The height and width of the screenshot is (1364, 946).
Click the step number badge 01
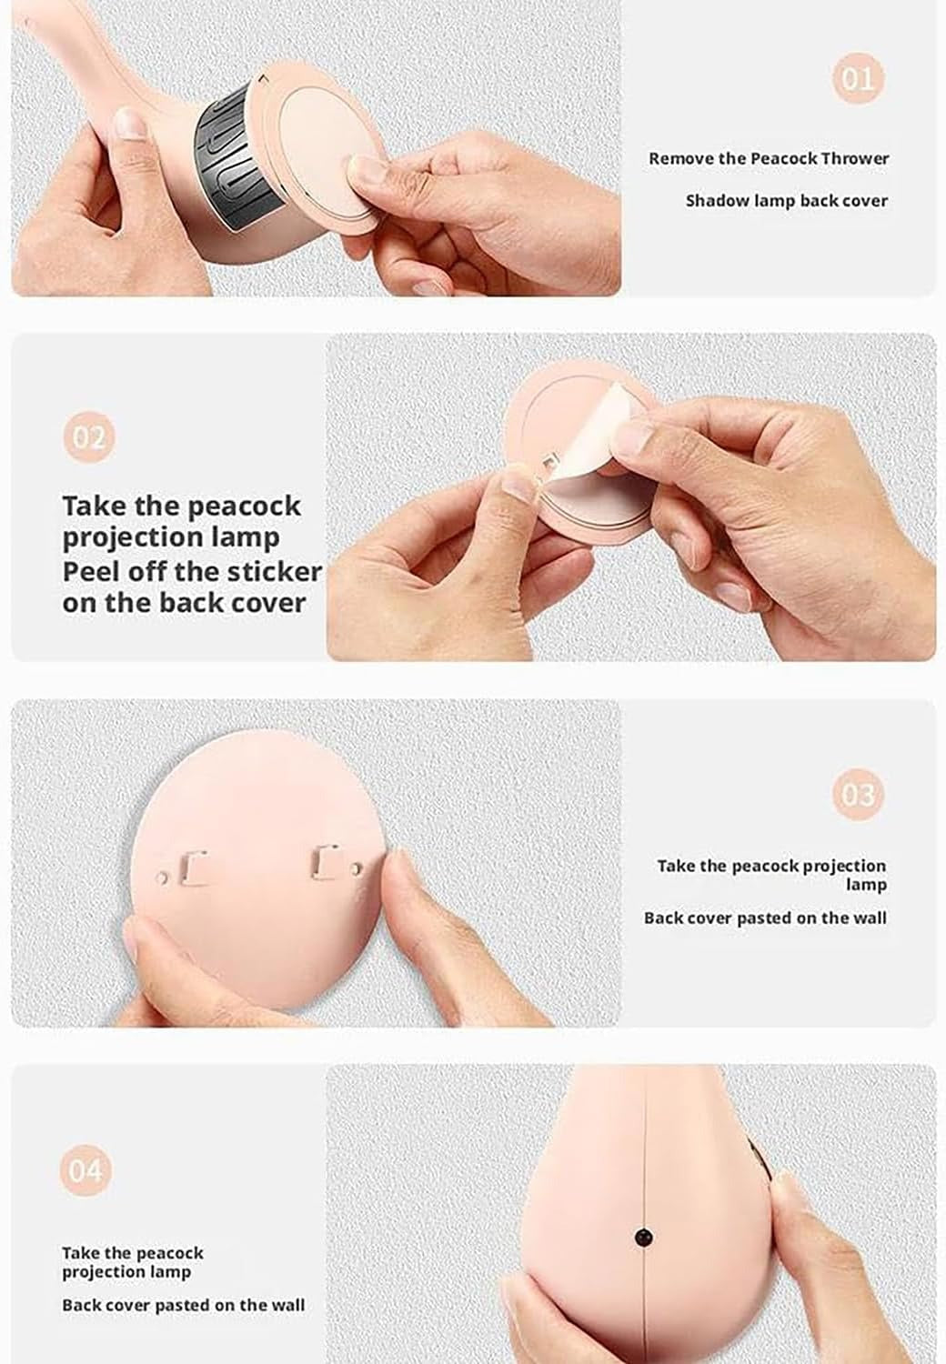858,78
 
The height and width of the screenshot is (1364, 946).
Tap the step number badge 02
89,436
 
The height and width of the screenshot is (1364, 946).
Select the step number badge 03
858,794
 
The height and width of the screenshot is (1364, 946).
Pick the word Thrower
855,158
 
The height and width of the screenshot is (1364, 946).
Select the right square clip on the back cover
324,862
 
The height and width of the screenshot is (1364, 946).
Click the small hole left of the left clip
161,878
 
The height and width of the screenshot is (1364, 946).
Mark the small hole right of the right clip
356,868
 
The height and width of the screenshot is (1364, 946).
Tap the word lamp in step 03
866,884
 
